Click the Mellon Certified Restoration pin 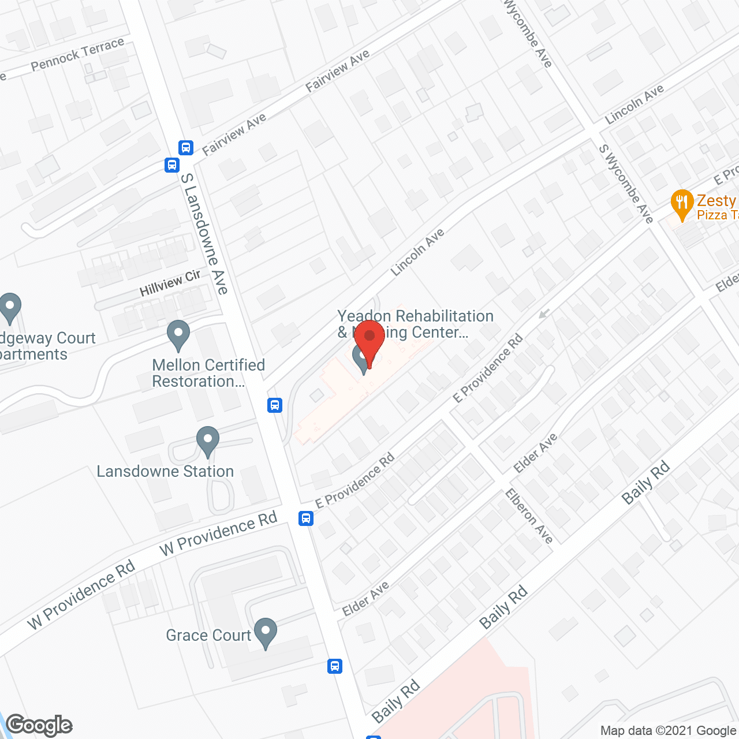[x=178, y=334]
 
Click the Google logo [x=39, y=725]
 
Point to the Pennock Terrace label [x=77, y=54]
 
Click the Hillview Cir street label [x=170, y=283]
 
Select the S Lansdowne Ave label [x=204, y=234]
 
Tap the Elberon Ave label [x=529, y=516]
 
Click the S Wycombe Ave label [x=626, y=184]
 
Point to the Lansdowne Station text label [x=165, y=472]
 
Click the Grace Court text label [x=208, y=636]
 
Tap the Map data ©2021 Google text [x=668, y=731]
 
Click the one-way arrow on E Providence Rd [x=543, y=313]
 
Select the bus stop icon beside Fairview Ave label [x=185, y=148]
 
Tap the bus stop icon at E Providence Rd [x=306, y=518]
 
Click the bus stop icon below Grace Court [x=334, y=666]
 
